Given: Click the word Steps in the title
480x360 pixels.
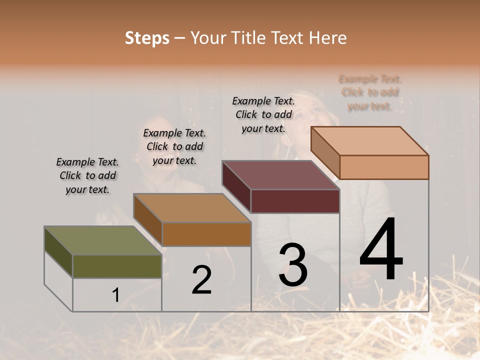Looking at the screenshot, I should click(146, 38).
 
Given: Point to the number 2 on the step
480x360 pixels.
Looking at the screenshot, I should click(201, 280).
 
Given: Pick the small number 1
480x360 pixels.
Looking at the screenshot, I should click(115, 295).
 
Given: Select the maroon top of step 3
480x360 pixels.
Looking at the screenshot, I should click(280, 175).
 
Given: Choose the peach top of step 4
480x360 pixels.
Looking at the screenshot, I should click(369, 141).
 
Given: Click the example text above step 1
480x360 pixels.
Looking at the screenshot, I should click(87, 175).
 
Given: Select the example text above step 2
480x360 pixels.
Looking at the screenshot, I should click(174, 146).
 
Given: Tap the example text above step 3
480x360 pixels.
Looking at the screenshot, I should click(263, 114).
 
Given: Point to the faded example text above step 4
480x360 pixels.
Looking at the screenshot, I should click(370, 92).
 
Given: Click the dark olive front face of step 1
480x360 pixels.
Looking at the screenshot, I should click(117, 266).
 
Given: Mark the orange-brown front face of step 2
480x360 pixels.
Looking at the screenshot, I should click(206, 234).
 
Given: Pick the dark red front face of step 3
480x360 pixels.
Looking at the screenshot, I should click(295, 201).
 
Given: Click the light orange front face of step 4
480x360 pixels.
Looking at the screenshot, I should click(384, 167).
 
